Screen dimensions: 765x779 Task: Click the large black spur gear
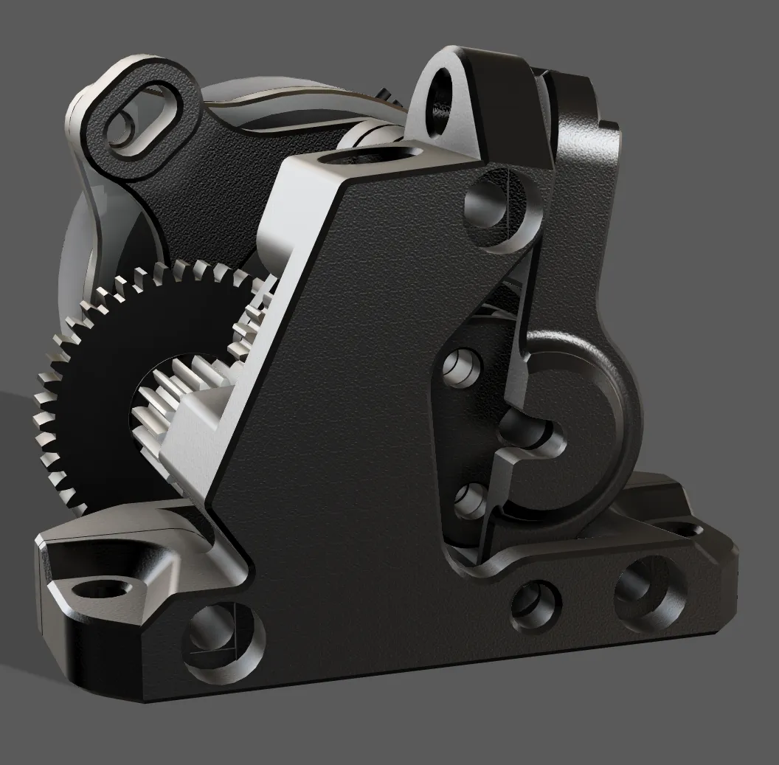pyautogui.click(x=89, y=413)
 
